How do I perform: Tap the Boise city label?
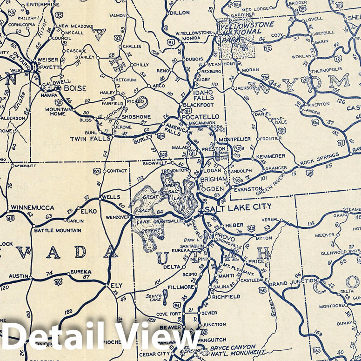75,87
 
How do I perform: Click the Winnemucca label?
33,207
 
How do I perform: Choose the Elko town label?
88,211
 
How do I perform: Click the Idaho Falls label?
203,95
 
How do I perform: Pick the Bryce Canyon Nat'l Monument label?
233,350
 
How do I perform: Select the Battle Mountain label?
53,230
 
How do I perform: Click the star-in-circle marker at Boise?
58,87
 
